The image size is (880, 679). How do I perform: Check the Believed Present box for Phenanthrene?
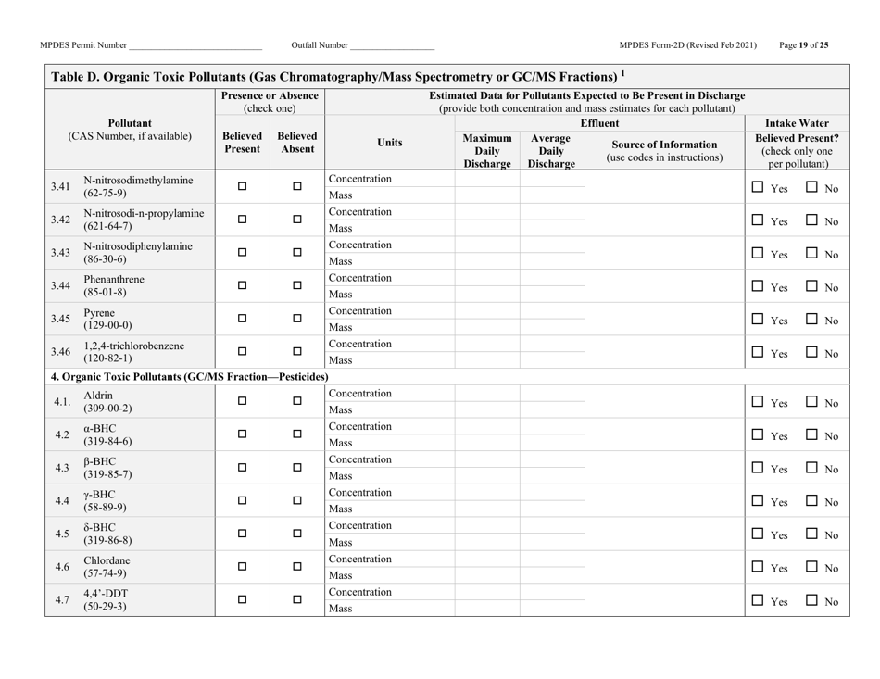pyautogui.click(x=243, y=286)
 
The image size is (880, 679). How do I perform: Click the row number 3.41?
pyautogui.click(x=63, y=187)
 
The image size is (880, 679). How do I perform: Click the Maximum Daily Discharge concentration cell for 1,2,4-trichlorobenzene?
pyautogui.click(x=486, y=345)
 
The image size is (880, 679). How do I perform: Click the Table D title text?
pyautogui.click(x=340, y=76)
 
